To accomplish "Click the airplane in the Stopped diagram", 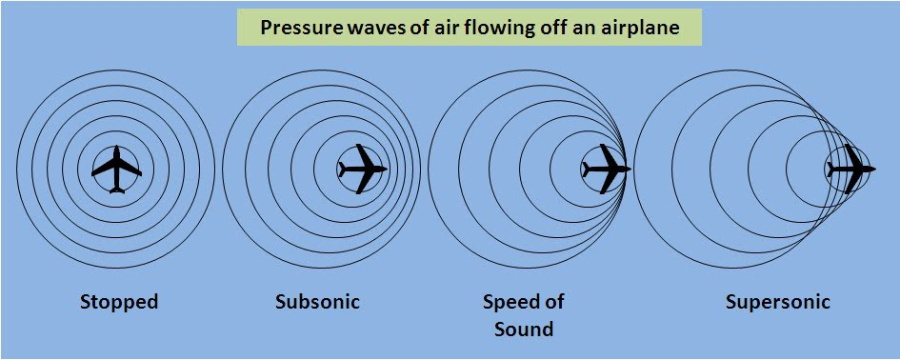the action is tap(116, 170).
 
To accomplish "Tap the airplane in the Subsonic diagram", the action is tap(362, 169).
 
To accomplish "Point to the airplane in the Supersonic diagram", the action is tap(850, 169).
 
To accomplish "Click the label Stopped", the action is tap(118, 303).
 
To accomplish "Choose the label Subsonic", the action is tap(317, 303).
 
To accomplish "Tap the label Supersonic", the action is tap(777, 303).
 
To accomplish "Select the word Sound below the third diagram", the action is tap(524, 330).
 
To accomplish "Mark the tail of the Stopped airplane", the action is tap(116, 189).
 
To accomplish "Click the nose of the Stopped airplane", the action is tap(116, 150).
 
